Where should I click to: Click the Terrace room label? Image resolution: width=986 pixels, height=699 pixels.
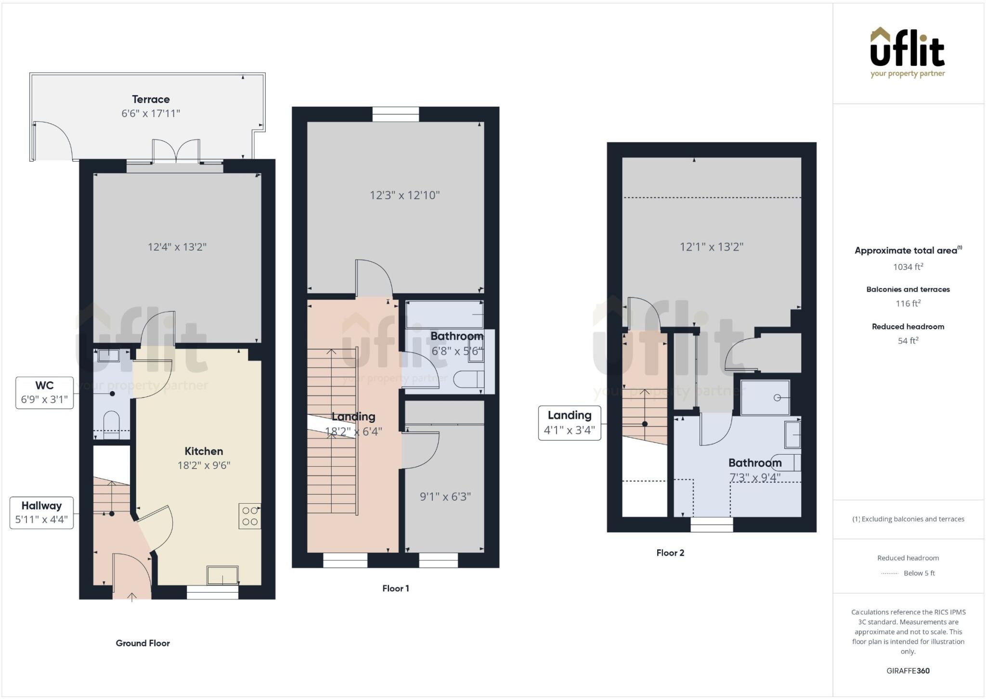151,100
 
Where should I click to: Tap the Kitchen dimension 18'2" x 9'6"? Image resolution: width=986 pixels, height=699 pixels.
204,465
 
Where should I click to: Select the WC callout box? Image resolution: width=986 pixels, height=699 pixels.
44,393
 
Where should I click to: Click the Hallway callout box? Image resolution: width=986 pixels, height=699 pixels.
41,512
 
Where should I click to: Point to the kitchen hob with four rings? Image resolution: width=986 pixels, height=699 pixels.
250,516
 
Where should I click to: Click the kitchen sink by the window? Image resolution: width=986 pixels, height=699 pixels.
222,575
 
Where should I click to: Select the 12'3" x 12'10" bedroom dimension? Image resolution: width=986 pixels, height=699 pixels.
404,195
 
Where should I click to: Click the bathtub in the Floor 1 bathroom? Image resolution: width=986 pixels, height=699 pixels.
444,314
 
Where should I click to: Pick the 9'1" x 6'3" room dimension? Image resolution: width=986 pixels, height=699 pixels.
445,496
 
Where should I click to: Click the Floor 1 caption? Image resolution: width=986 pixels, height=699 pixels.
395,588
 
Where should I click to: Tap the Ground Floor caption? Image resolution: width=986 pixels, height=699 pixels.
143,643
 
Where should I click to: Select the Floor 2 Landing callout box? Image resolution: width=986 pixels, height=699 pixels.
569,423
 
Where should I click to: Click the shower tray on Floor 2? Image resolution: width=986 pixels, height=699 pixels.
765,397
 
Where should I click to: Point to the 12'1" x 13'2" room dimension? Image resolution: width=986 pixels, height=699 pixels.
711,247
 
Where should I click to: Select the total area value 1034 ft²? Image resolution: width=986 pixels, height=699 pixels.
908,267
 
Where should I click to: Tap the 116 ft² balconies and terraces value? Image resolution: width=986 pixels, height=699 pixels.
908,304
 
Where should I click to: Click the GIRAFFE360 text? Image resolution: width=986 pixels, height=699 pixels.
908,671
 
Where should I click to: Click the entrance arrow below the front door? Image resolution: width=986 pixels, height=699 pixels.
132,597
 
